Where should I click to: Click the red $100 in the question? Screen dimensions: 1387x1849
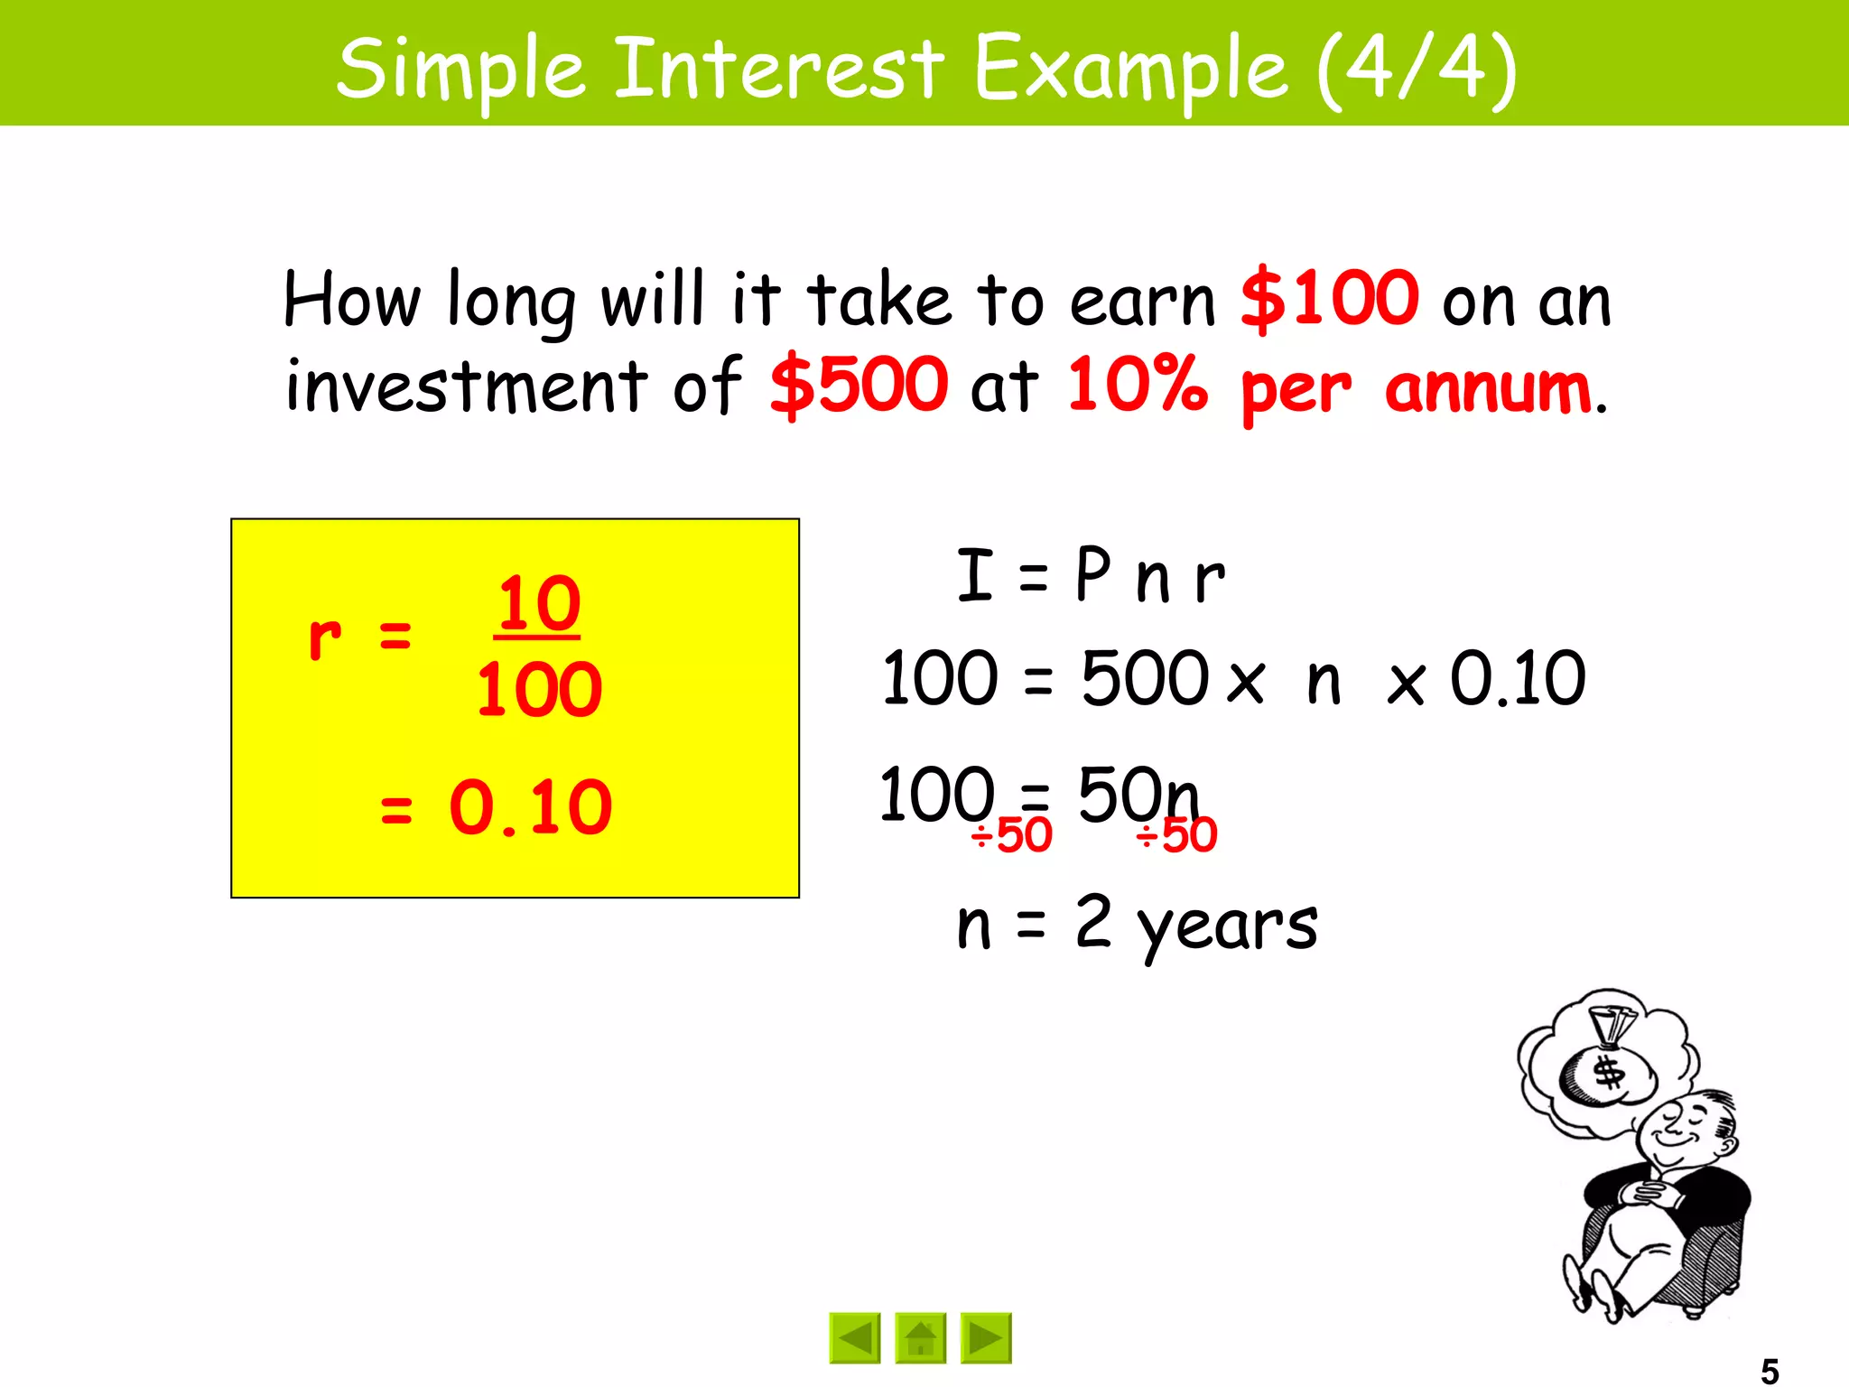[x=1329, y=299]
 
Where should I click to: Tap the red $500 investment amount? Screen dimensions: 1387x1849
[x=859, y=386]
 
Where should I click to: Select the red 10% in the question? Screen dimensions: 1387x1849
[x=1138, y=384]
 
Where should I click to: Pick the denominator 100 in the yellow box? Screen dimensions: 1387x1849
[x=539, y=690]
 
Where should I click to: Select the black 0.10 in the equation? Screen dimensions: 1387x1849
[x=1517, y=678]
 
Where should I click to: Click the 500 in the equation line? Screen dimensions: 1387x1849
[x=1145, y=678]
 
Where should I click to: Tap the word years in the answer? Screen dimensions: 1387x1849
[x=1228, y=926]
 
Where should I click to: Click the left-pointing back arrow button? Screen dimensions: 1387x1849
[x=854, y=1337]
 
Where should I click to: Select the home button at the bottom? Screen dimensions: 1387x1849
[x=920, y=1337]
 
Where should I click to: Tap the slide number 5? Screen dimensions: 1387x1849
[x=1770, y=1371]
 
